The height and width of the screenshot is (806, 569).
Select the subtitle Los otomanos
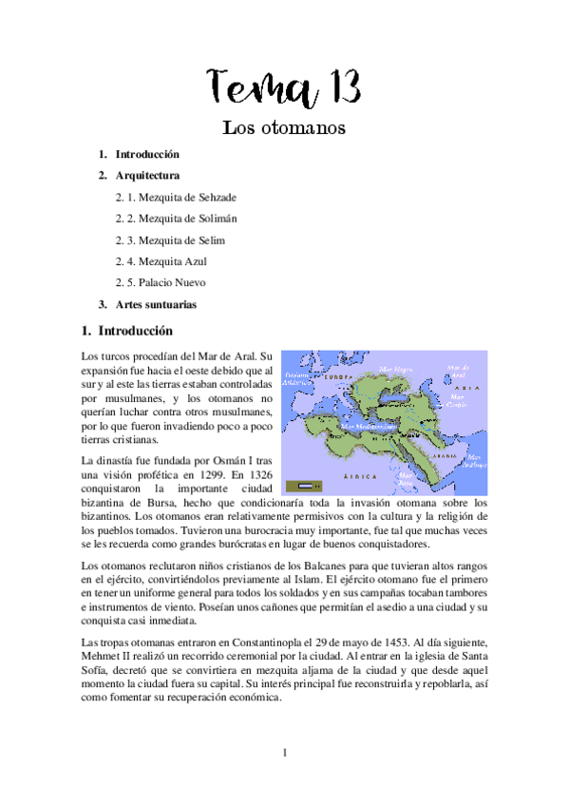[x=283, y=126]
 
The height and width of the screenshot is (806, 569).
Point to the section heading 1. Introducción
[x=130, y=332]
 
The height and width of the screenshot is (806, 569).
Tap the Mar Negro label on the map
[x=396, y=368]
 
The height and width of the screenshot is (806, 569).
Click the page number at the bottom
[x=284, y=754]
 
